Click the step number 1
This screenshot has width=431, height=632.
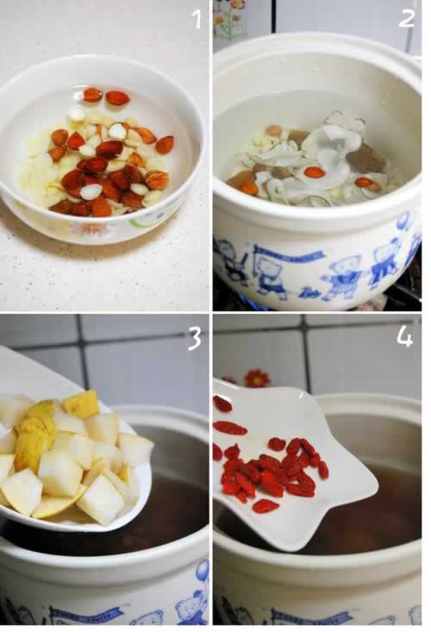[197, 18]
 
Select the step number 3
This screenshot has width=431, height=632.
[195, 337]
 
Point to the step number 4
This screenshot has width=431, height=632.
[404, 335]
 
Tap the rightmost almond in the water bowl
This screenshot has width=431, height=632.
[164, 144]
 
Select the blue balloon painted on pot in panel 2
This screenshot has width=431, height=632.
[403, 222]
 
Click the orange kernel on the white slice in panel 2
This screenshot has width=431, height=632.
[314, 172]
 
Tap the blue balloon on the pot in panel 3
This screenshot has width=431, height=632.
[201, 571]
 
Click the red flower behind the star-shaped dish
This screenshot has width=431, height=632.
[256, 379]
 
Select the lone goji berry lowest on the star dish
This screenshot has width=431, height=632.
[265, 506]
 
